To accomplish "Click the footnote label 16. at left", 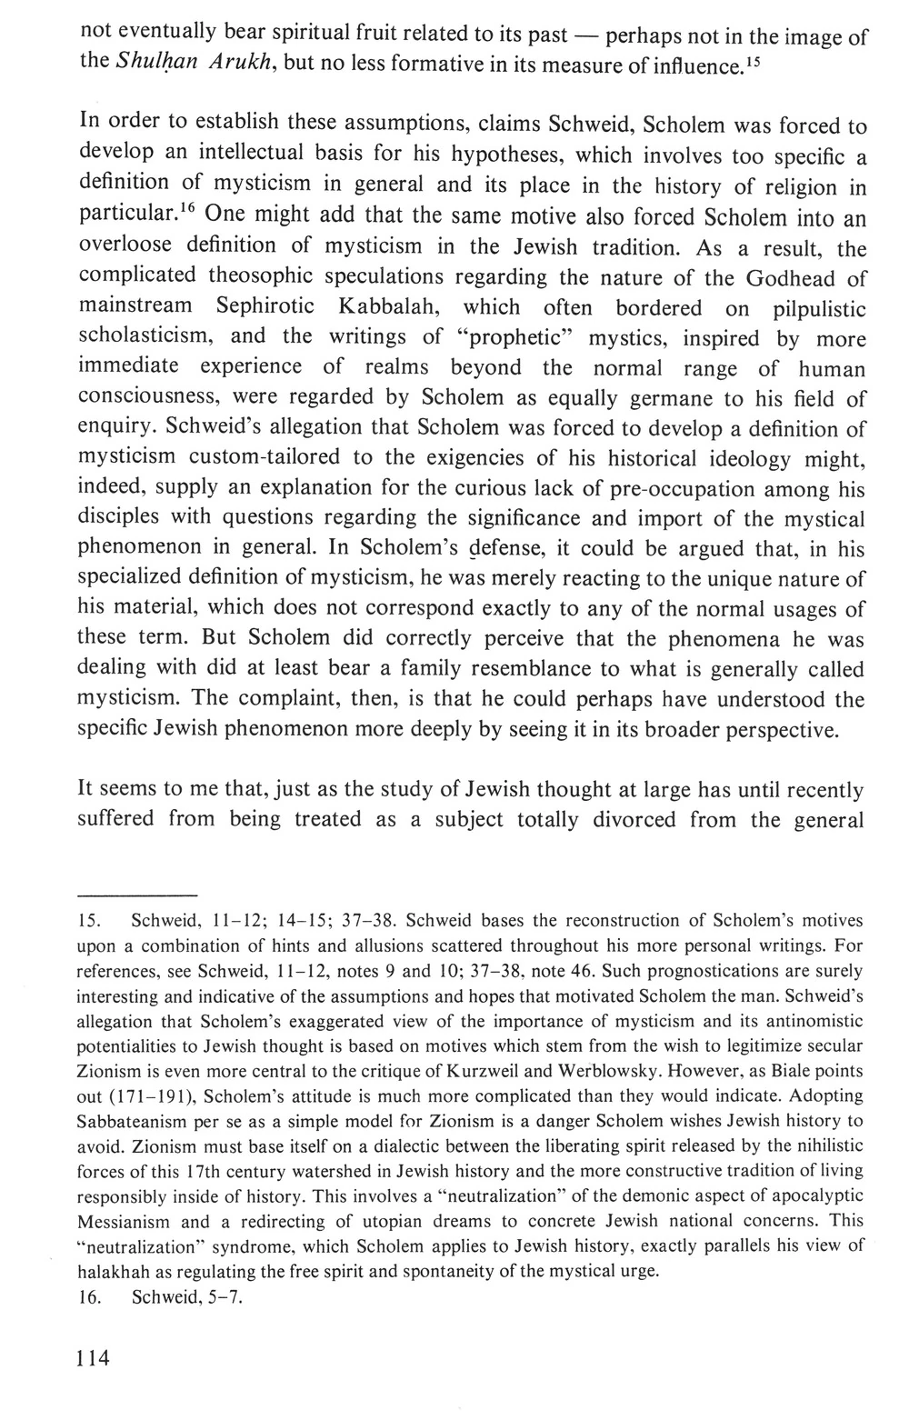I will pyautogui.click(x=90, y=1297).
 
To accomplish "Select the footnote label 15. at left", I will pyautogui.click(x=90, y=920).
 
